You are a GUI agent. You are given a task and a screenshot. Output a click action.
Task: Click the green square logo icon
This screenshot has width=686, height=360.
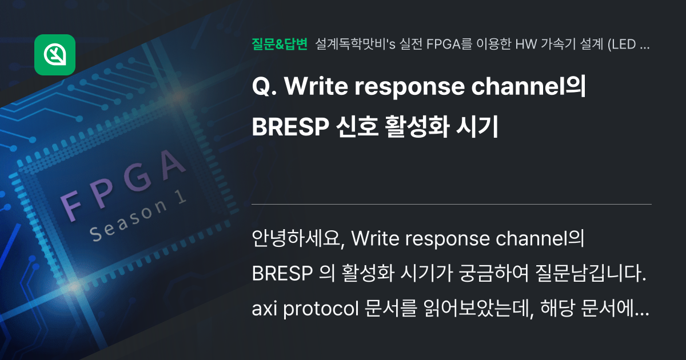pyautogui.click(x=55, y=55)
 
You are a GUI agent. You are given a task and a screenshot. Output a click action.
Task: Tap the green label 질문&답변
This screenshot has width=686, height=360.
pyautogui.click(x=280, y=44)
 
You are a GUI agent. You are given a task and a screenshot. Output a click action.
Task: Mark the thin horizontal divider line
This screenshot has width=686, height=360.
pyautogui.click(x=452, y=204)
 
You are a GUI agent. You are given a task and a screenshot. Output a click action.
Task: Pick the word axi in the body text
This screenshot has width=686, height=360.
pyautogui.click(x=264, y=309)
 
